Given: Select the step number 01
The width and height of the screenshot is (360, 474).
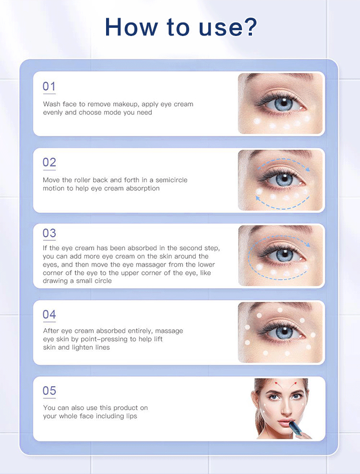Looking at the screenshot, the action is (x=49, y=86).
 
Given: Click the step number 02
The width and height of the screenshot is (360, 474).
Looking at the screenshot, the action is (x=49, y=162).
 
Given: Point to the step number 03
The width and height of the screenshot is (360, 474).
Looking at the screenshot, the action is (x=49, y=233).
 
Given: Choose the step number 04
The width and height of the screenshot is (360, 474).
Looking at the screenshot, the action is (x=49, y=314).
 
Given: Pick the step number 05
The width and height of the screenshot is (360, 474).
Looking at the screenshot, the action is (x=49, y=391).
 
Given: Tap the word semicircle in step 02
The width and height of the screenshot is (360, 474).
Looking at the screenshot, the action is (x=171, y=180).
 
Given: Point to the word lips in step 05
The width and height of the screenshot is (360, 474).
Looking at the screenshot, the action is (x=132, y=416).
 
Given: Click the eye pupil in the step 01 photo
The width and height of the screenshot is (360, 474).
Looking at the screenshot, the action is (x=284, y=103).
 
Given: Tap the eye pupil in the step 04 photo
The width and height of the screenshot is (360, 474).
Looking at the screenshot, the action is (x=284, y=332).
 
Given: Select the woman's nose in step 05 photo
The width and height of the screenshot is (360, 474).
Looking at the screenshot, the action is (x=285, y=408).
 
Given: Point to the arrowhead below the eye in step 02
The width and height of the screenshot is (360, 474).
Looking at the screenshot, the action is (x=258, y=198).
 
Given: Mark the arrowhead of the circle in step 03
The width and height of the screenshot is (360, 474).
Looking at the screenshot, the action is (x=308, y=244).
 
